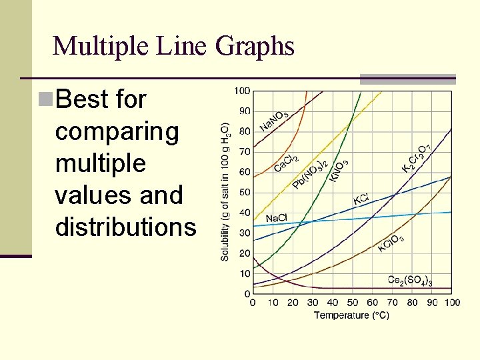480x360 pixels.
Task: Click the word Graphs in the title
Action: (x=256, y=47)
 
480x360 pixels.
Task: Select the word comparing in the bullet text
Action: (x=117, y=132)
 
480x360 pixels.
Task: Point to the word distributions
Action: (x=126, y=227)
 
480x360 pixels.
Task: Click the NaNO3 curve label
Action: (x=273, y=121)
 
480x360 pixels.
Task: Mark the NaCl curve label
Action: (x=276, y=219)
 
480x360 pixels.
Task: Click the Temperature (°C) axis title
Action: (x=351, y=315)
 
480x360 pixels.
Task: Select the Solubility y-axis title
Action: (x=226, y=191)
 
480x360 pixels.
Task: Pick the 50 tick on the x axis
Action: (x=352, y=303)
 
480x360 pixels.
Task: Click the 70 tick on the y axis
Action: (x=245, y=152)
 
